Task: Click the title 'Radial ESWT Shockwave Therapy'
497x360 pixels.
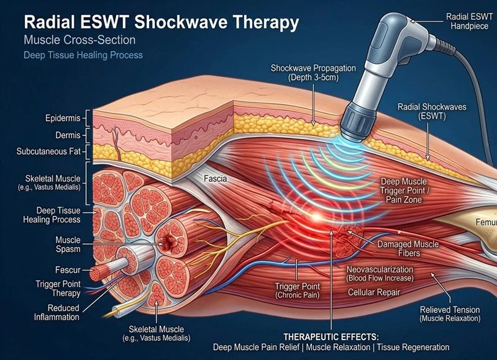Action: (161, 22)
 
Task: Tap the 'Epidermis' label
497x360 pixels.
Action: (64, 117)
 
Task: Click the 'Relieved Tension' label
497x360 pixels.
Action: (450, 313)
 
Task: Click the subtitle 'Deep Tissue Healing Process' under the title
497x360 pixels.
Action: (83, 55)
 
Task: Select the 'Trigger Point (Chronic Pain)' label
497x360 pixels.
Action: (297, 290)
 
